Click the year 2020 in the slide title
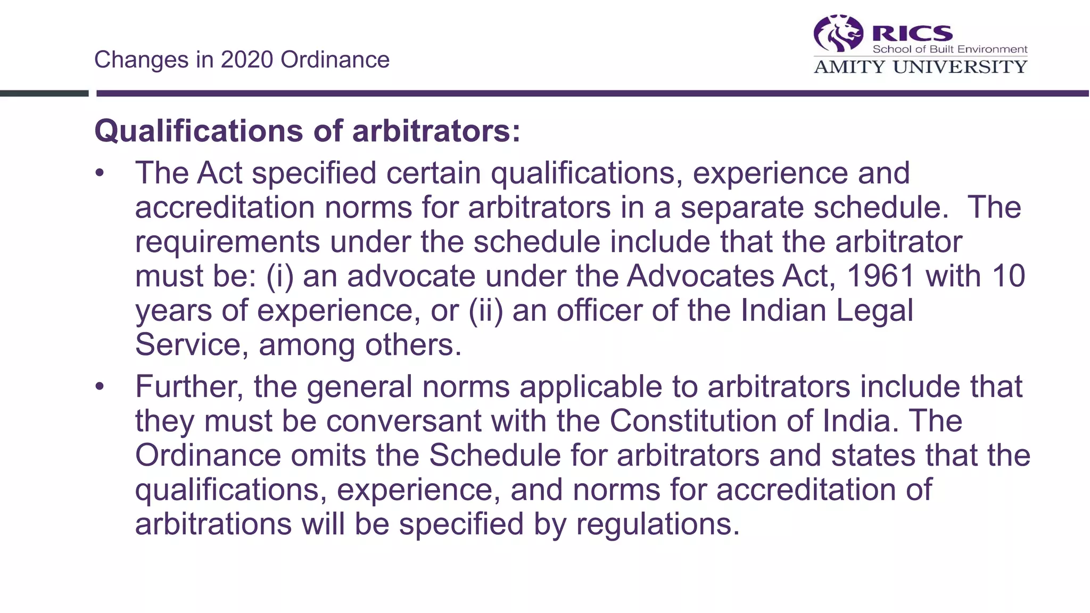246,60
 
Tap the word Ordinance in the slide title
335,60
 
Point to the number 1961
881,276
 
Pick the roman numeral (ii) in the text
485,310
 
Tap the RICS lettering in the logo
912,33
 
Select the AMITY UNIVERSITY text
920,67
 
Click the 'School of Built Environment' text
949,49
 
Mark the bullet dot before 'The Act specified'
100,173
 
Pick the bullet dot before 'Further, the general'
100,387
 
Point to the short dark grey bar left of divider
44,94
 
